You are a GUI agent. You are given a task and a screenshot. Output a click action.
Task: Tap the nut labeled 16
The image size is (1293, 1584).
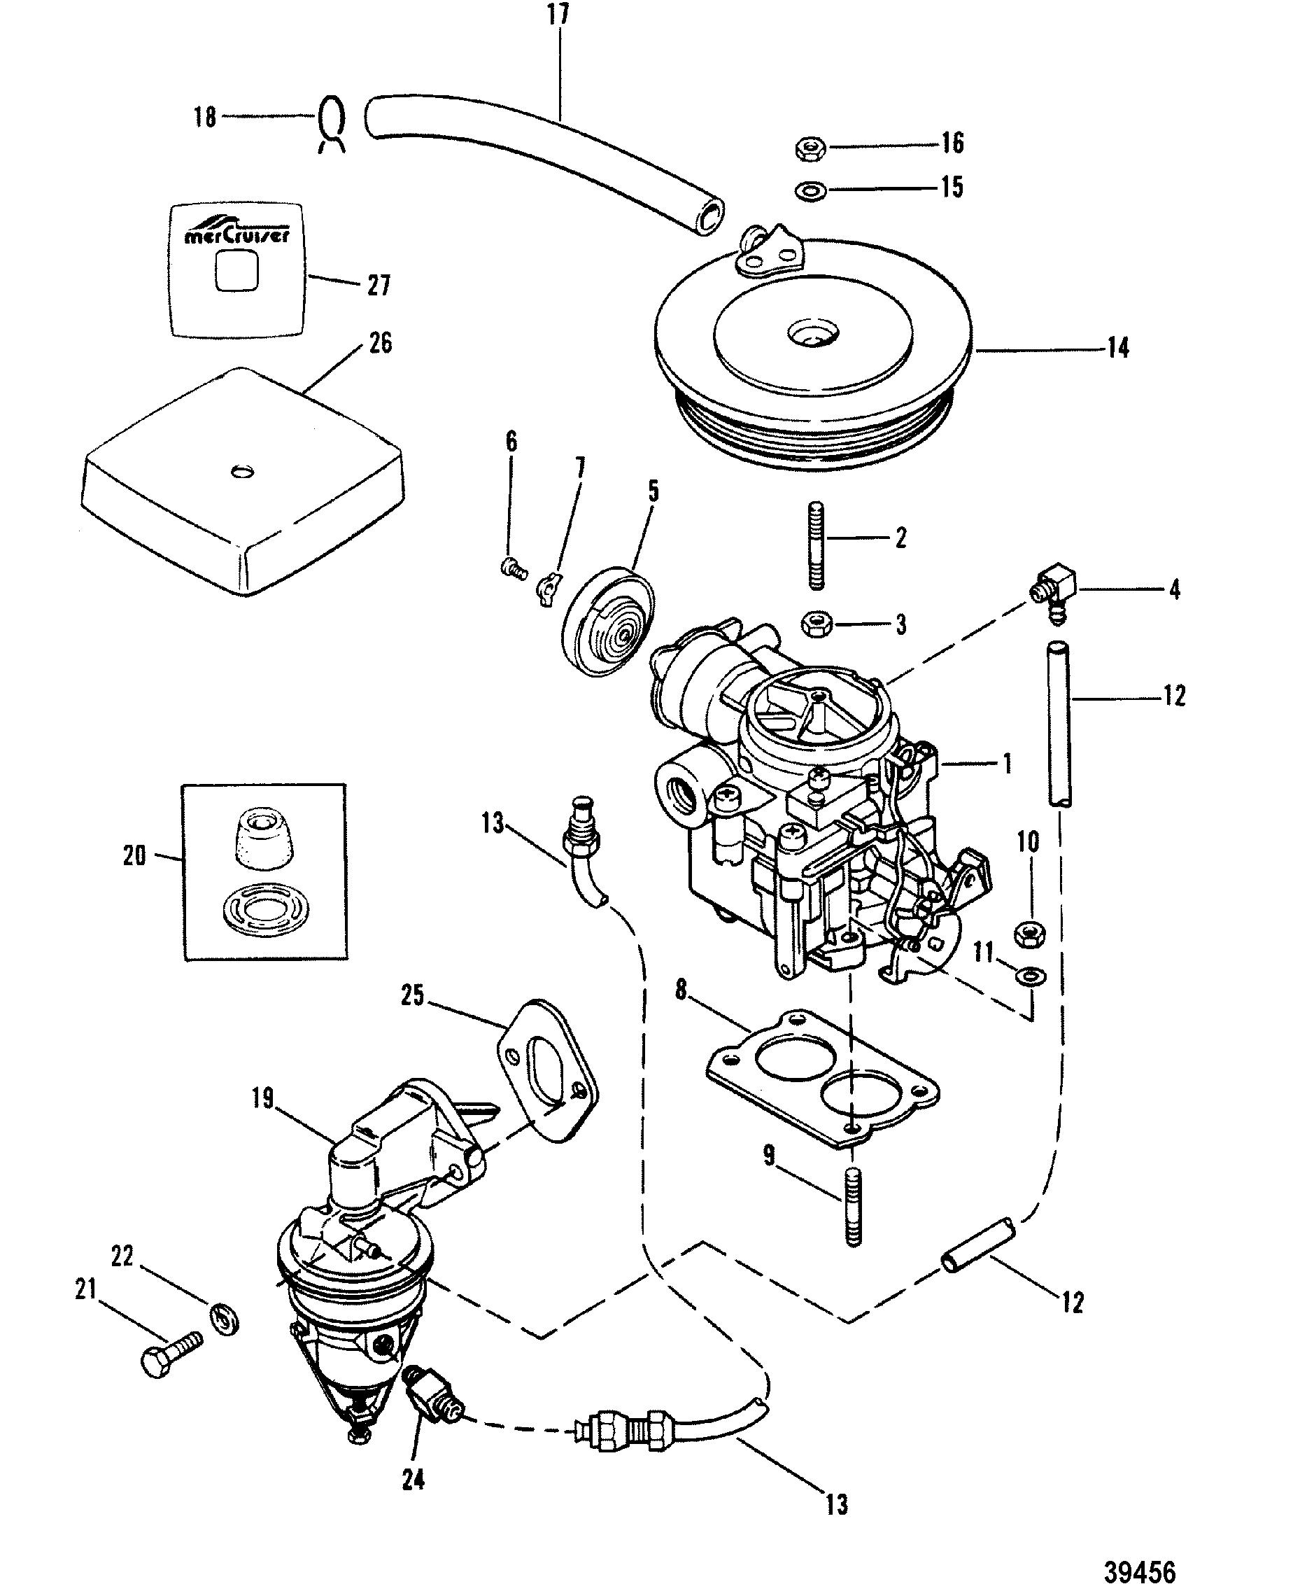[810, 148]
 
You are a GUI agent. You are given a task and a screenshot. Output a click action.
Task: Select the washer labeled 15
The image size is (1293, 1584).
[810, 190]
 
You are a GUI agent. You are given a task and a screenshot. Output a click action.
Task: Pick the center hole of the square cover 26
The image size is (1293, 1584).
[243, 470]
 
